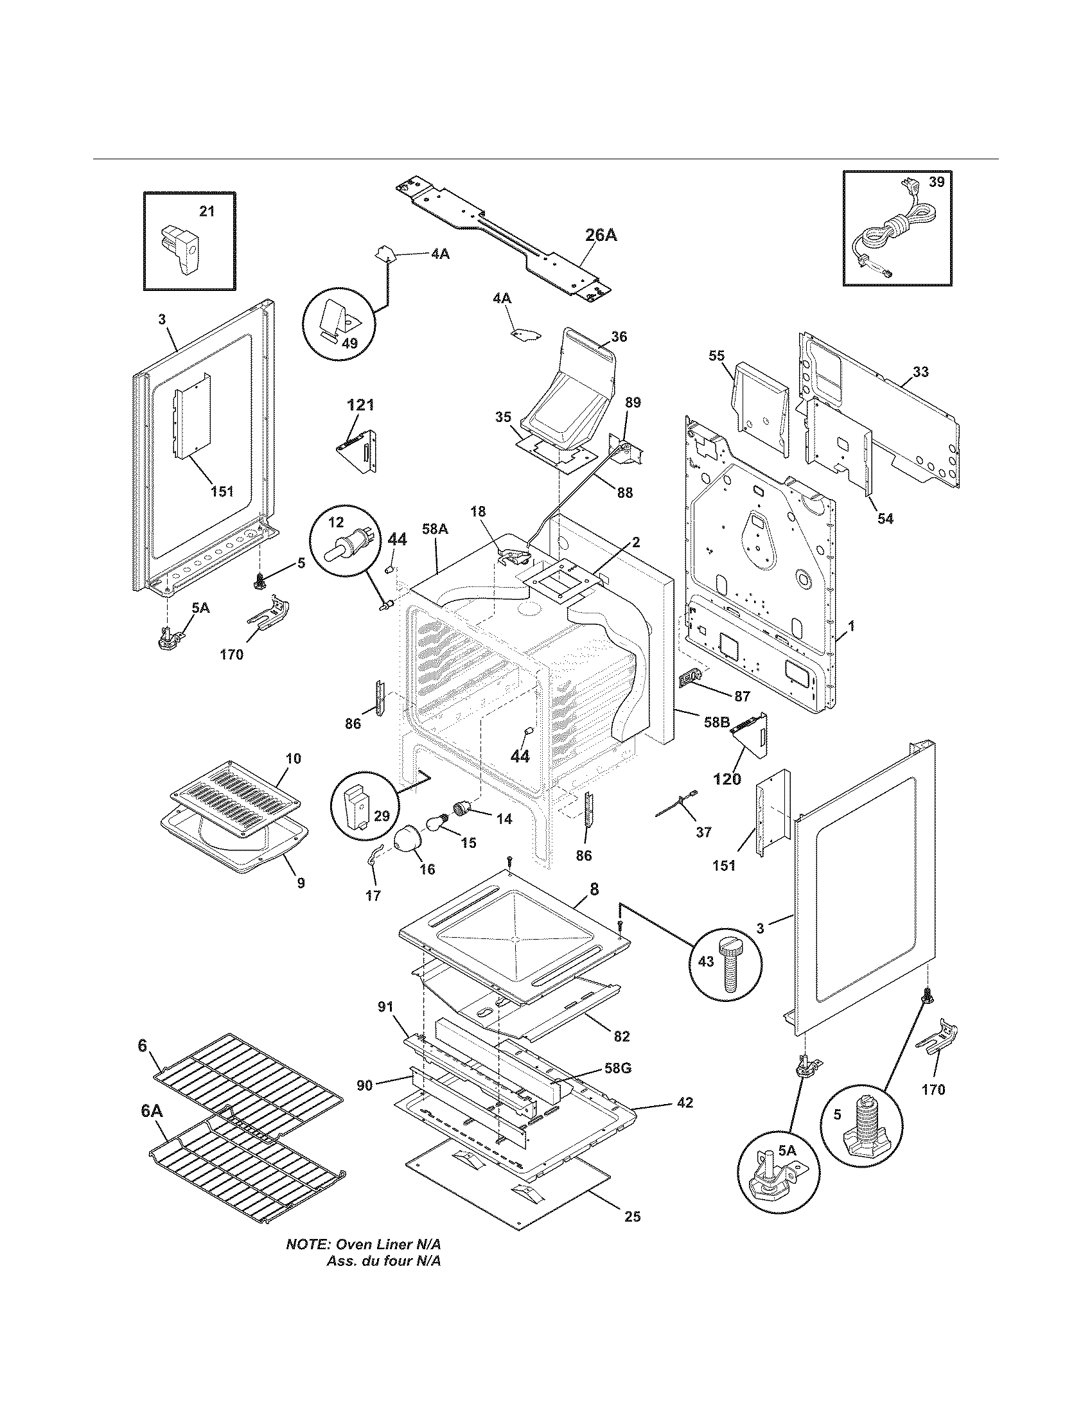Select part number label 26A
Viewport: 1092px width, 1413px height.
coord(601,236)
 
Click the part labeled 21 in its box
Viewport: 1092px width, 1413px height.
coord(181,249)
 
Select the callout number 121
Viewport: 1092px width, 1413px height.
coord(361,405)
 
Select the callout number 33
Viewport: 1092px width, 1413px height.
coord(920,372)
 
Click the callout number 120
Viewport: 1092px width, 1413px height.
coord(727,779)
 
